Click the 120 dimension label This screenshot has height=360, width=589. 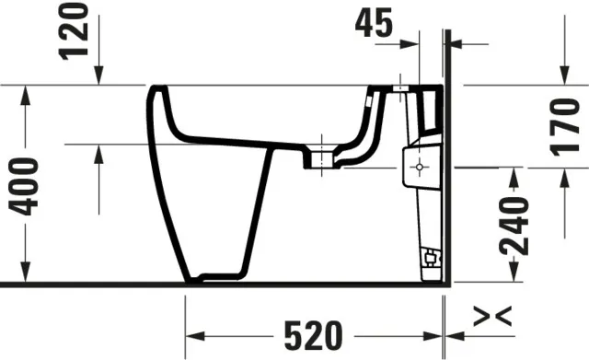[78, 30]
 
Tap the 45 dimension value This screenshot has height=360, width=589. [376, 23]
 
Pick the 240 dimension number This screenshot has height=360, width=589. [514, 226]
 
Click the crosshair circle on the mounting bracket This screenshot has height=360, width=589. [419, 168]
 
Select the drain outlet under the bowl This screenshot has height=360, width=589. [321, 157]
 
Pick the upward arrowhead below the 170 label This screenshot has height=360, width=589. [562, 176]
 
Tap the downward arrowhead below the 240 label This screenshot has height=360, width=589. [513, 277]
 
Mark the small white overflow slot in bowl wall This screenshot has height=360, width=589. [370, 96]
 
